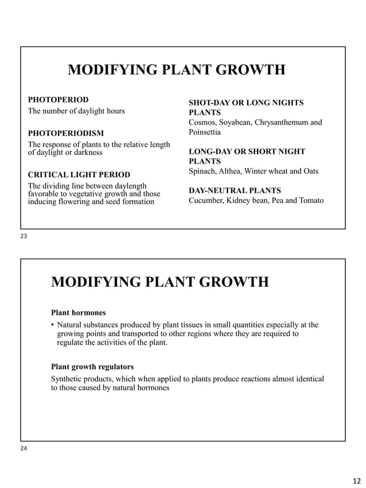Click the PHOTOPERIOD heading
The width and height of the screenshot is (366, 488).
point(59,100)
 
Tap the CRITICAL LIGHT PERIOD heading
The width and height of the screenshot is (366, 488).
point(79,174)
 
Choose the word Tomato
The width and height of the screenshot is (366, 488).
point(310,201)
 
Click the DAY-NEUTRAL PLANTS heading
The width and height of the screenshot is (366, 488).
point(235,190)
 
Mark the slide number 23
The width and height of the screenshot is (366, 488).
point(24,236)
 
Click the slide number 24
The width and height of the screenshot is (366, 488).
point(24,448)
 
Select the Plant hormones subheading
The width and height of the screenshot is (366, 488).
point(78,313)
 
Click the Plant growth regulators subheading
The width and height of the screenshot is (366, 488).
point(92,366)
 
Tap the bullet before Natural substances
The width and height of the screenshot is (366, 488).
point(53,326)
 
